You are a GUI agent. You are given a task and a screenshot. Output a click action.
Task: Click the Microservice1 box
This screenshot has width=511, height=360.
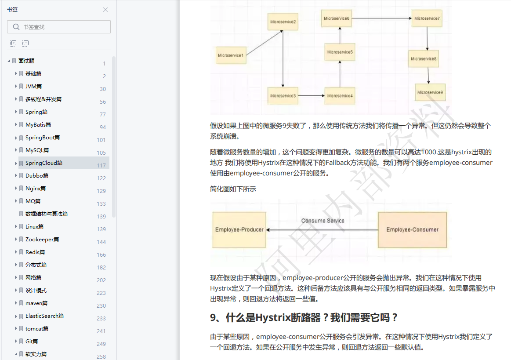click(230, 55)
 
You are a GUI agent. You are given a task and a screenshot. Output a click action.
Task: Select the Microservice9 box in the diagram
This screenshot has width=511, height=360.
click(430, 92)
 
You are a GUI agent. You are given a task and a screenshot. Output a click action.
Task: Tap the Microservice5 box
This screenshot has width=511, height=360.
click(340, 52)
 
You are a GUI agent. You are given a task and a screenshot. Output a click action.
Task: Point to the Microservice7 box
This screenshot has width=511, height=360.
click(427, 18)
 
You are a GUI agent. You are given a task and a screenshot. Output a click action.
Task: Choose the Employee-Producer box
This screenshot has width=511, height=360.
click(239, 229)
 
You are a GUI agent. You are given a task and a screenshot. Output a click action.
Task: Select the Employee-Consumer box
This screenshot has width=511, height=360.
click(412, 229)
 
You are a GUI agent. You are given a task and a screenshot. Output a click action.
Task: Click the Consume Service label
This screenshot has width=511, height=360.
click(323, 221)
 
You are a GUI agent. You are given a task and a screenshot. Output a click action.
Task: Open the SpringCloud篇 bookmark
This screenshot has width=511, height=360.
click(44, 163)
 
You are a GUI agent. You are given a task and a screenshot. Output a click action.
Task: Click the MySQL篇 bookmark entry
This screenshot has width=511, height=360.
click(37, 150)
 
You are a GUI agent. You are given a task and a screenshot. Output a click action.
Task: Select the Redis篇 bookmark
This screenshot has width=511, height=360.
click(35, 252)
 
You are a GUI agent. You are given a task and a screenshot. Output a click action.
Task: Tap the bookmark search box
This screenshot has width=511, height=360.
click(62, 27)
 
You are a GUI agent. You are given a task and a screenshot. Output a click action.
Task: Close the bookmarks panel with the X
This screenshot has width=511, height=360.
click(105, 10)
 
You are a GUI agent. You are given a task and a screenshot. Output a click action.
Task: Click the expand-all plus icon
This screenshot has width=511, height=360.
click(13, 43)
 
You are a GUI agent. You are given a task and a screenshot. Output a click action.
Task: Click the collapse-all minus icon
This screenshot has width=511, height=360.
click(25, 43)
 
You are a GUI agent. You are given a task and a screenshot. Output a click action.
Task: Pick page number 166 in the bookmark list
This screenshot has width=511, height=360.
click(101, 255)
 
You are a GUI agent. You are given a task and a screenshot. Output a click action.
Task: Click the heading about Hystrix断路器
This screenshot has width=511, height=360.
click(304, 317)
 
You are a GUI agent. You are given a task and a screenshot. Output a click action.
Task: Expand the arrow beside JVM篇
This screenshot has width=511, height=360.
click(16, 86)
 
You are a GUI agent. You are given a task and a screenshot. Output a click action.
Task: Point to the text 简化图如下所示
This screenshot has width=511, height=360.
click(233, 189)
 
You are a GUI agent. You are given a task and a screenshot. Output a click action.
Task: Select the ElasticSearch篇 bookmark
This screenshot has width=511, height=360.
click(44, 316)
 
